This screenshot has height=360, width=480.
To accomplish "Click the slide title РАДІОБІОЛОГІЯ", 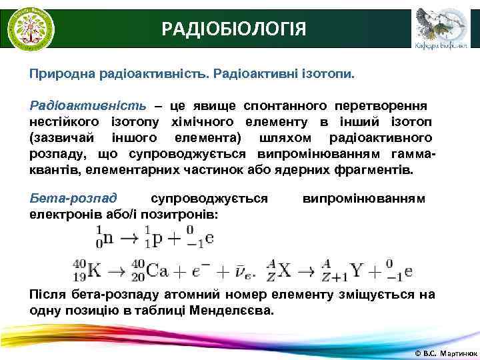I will (234, 29).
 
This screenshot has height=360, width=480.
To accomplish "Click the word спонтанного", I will (284, 106).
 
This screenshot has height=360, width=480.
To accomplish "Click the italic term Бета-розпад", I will (73, 198).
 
